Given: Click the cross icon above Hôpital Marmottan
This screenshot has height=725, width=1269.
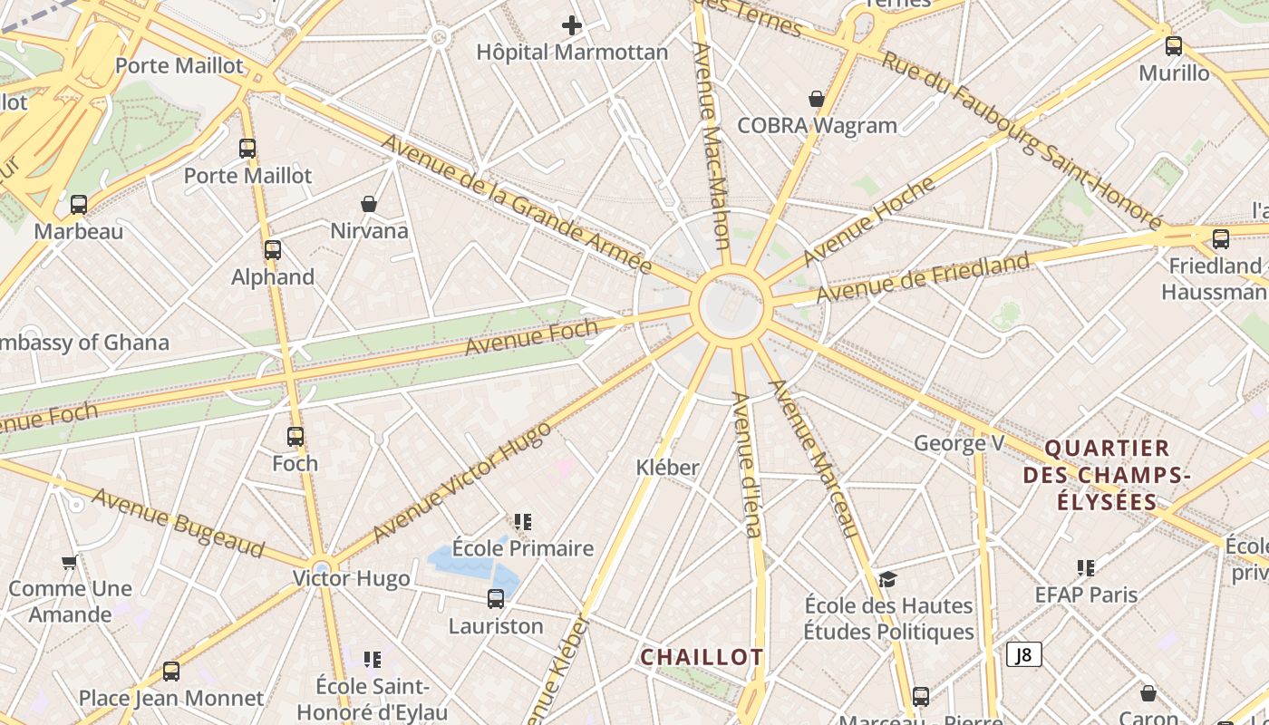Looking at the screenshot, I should point(572,25).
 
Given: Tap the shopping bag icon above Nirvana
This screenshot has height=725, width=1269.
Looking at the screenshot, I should point(369,204).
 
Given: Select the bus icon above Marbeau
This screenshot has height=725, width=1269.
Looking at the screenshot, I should point(79,205).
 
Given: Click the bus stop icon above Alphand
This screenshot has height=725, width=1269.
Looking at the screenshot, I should point(273,250).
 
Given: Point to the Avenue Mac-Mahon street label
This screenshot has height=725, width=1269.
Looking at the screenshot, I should point(712,145).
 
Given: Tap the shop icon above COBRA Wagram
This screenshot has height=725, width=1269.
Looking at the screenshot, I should point(817,99).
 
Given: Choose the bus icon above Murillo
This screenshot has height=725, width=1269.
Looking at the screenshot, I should point(1174,46).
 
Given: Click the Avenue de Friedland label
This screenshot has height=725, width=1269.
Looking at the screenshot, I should point(923,278).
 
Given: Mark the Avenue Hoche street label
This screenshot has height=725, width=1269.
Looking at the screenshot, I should point(868,221).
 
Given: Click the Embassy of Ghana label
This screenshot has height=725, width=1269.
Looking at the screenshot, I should point(83,343).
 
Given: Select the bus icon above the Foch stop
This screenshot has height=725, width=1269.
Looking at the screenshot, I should point(295,437).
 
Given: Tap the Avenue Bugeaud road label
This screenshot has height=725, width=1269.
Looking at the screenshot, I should point(178,523).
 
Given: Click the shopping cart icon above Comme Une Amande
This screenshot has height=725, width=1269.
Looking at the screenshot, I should point(69,563).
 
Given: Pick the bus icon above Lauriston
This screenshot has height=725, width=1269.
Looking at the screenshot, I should point(496,599).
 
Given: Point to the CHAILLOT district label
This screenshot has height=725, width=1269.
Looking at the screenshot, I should point(702,657).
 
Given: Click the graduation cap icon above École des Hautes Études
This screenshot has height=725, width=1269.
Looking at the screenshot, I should point(887,579).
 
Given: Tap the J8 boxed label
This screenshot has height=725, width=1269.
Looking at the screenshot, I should point(1024,654).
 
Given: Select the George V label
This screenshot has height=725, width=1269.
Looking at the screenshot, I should point(959,443).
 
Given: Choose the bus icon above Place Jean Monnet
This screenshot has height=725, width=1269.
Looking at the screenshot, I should point(171,672).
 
